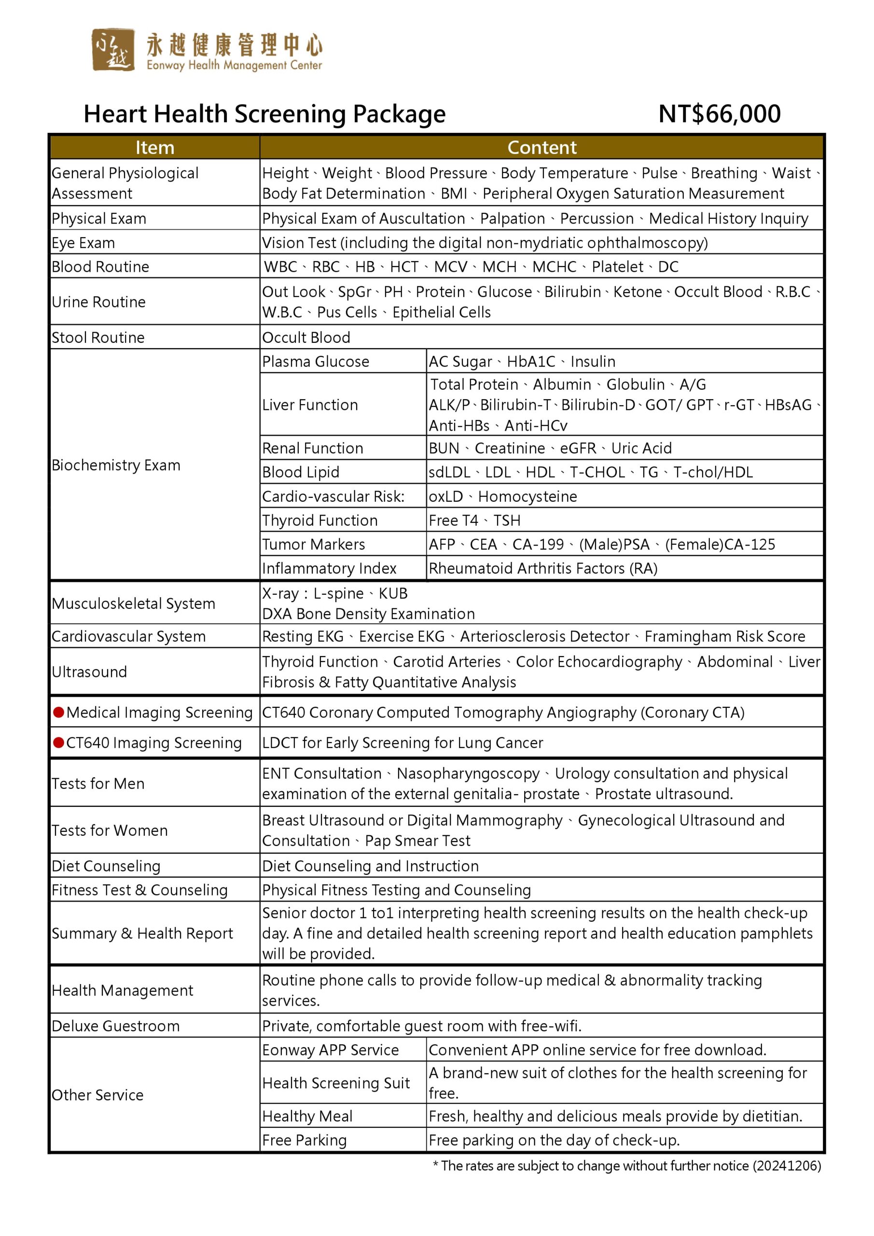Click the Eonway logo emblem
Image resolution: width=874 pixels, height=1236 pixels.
point(112,50)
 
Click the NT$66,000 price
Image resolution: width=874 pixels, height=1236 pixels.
point(719,114)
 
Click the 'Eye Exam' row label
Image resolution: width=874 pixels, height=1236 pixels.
point(83,243)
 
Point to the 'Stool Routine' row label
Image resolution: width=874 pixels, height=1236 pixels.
point(98,337)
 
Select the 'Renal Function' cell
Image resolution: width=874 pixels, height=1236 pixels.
point(312,449)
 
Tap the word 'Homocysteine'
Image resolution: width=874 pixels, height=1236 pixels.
point(527,496)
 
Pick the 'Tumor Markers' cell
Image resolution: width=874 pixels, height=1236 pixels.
point(313,544)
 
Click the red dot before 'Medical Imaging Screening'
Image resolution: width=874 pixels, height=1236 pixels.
point(59,712)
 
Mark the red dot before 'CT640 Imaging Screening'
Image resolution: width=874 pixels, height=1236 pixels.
point(59,743)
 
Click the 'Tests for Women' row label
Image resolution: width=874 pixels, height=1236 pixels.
point(110,830)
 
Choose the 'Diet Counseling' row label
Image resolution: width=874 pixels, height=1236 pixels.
point(106,866)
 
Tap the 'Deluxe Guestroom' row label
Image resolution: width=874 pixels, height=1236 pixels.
point(116,1025)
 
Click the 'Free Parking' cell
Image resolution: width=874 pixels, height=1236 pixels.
point(304,1139)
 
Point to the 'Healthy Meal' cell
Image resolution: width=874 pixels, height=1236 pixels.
point(307,1116)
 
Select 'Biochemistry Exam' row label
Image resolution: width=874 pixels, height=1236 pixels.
point(116,465)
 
